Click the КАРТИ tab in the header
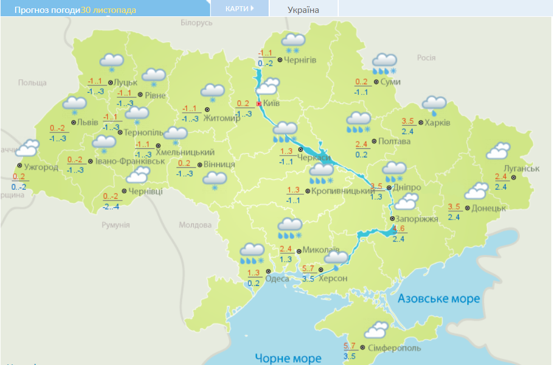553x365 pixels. point(239,8)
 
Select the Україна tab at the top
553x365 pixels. point(303,10)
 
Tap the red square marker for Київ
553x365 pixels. point(259,104)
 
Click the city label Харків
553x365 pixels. point(437,123)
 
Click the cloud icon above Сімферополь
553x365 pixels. point(376,330)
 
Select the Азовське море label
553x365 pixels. point(439,299)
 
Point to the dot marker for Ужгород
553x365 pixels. point(20,166)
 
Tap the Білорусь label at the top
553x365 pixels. point(197,23)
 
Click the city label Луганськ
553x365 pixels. point(522,168)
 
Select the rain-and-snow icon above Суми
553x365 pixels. point(385,63)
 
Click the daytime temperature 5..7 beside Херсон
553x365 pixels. point(308,269)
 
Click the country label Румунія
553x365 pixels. point(116,225)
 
